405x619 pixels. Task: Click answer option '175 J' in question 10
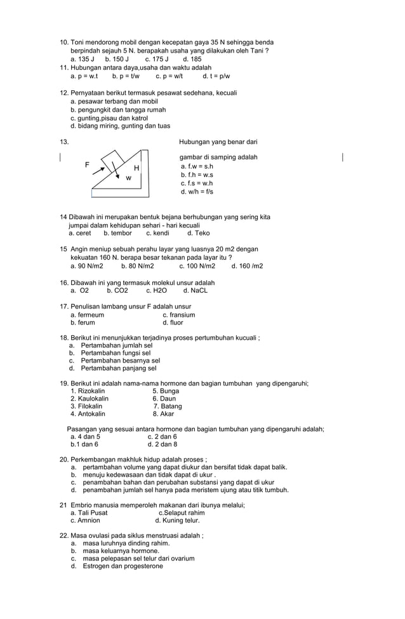tap(157, 59)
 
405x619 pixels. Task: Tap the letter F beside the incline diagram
tap(87, 164)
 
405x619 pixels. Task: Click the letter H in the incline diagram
tap(136, 168)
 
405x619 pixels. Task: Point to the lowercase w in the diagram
tap(128, 178)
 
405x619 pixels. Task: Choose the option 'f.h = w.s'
tap(197, 175)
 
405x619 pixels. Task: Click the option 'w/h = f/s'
tap(197, 191)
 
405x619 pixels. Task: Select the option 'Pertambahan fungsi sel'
tap(116, 353)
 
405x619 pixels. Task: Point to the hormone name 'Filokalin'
tap(91, 406)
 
